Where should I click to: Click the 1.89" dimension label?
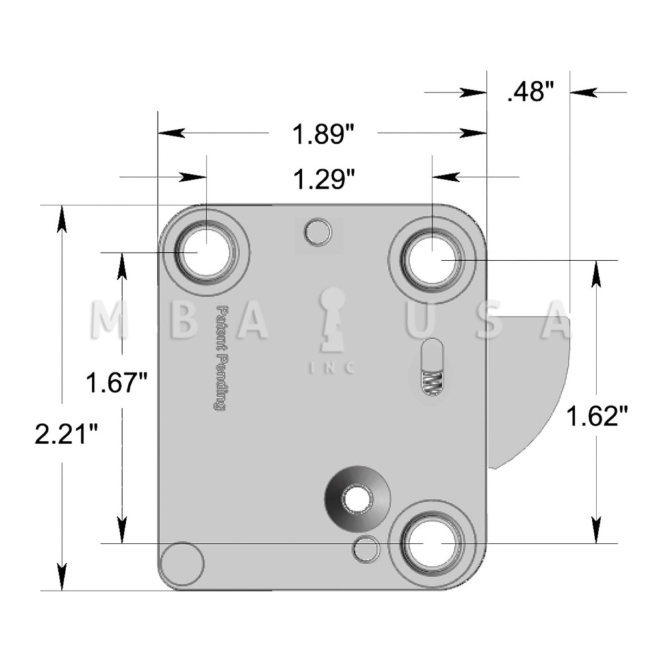pyautogui.click(x=322, y=134)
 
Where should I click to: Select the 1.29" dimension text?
pyautogui.click(x=322, y=179)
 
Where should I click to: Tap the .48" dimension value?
pyautogui.click(x=529, y=92)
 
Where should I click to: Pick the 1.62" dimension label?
pyautogui.click(x=596, y=417)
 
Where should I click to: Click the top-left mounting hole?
pyautogui.click(x=205, y=253)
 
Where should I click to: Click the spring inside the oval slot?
pyautogui.click(x=432, y=383)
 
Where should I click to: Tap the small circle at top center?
pyautogui.click(x=318, y=232)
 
